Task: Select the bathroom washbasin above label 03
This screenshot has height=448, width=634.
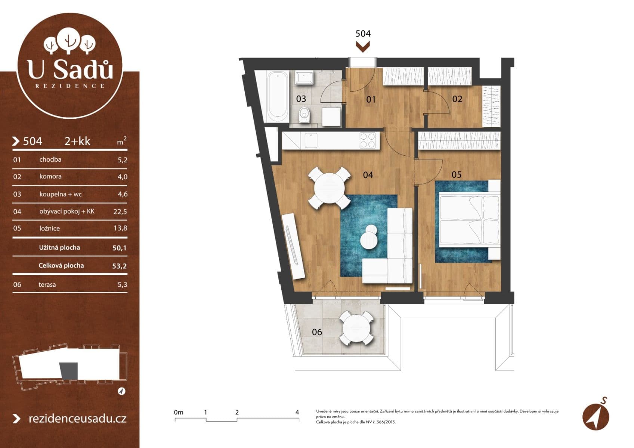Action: click(304, 78)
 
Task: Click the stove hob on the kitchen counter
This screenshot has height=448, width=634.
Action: click(367, 140)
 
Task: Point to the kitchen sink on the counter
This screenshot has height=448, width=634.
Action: click(311, 141)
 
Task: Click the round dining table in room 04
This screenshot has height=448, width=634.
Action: click(329, 188)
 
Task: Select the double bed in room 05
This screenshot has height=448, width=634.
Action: click(469, 220)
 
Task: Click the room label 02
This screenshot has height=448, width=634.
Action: click(457, 99)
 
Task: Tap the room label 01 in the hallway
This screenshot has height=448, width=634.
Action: click(371, 99)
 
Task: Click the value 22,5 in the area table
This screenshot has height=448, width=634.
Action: click(120, 212)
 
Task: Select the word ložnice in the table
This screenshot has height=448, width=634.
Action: click(49, 228)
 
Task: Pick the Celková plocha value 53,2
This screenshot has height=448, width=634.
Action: click(119, 266)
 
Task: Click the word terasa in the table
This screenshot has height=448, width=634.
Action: click(47, 285)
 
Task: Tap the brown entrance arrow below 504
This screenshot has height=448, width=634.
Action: click(363, 47)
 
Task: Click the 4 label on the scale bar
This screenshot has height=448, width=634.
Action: click(297, 413)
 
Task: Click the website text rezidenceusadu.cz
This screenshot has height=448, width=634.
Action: click(77, 419)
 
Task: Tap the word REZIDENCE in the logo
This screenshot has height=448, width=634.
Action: click(70, 86)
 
